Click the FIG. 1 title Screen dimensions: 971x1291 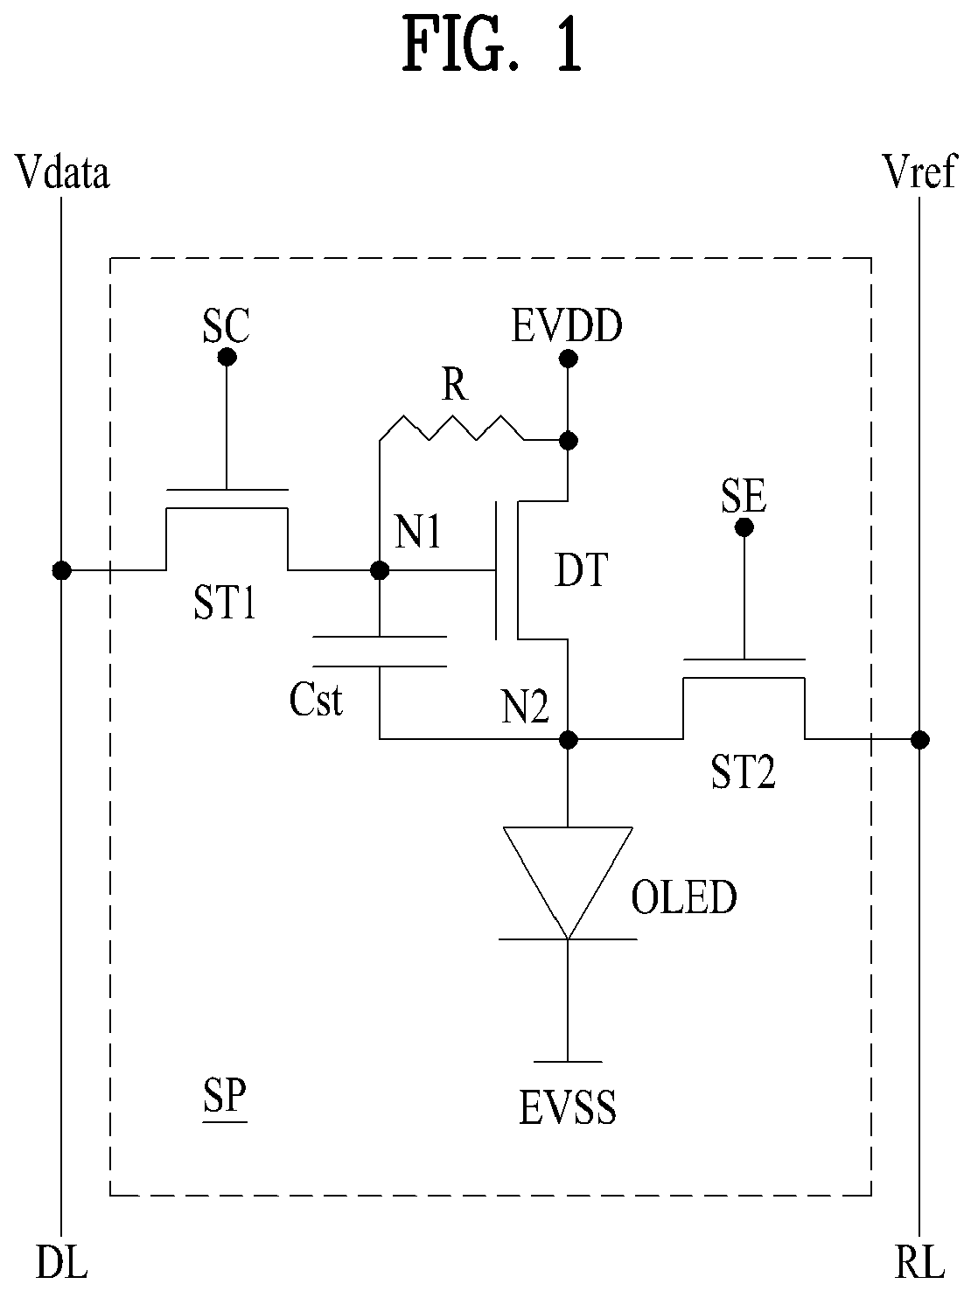coord(492,45)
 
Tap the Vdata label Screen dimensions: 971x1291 coord(63,172)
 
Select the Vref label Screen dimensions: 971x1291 coord(920,171)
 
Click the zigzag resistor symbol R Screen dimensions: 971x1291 coord(452,427)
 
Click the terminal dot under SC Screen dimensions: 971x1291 coord(227,356)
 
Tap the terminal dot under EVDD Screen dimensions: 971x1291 coord(568,358)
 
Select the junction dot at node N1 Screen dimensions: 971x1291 coord(380,570)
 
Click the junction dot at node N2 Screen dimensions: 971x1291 coord(568,739)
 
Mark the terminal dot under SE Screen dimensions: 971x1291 coord(744,527)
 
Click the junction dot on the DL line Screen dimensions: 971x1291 coord(62,570)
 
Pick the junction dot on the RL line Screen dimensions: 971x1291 coord(920,739)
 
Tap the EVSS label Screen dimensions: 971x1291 coord(568,1107)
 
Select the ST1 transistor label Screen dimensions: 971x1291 coord(225,603)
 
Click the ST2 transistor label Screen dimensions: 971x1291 coord(744,771)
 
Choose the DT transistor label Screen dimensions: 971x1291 coord(581,569)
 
